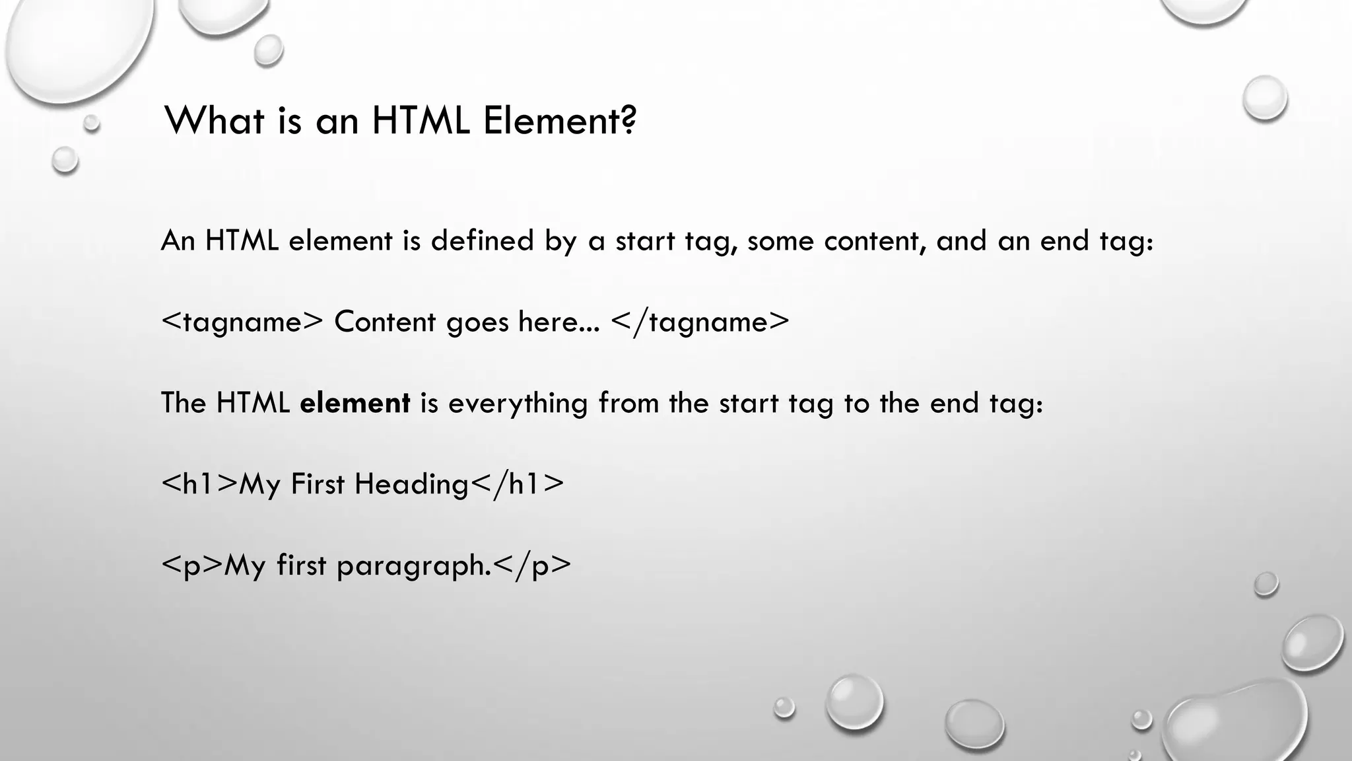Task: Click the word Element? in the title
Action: click(560, 121)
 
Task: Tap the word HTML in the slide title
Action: click(421, 121)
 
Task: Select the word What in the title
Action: click(214, 121)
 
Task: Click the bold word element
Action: click(355, 403)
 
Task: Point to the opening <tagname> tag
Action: click(242, 322)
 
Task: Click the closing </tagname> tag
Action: click(700, 322)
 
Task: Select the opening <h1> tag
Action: click(199, 484)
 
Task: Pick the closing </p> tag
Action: click(532, 565)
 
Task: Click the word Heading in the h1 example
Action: click(411, 484)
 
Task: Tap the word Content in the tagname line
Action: click(385, 322)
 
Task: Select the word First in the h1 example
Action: click(318, 484)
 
